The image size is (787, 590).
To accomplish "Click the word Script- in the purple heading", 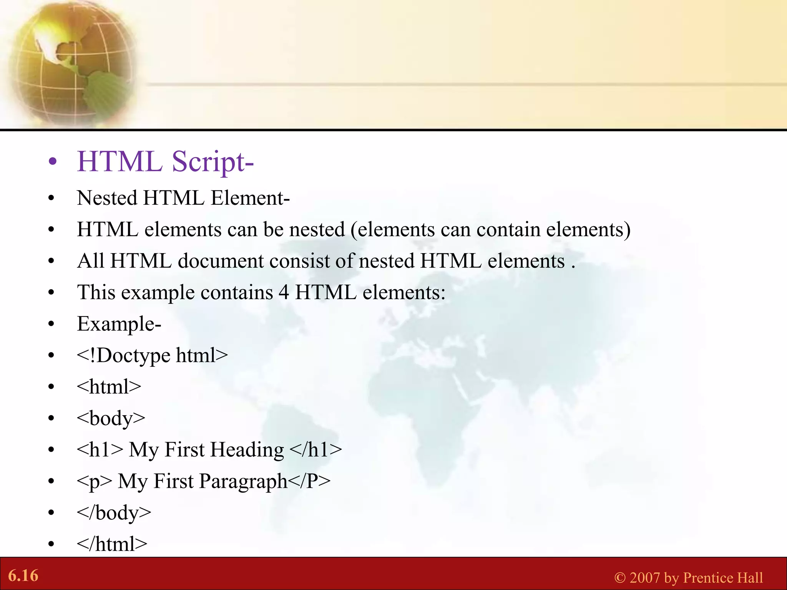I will (213, 162).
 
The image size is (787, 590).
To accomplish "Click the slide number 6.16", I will (23, 576).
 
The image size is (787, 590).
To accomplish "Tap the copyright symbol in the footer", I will (619, 578).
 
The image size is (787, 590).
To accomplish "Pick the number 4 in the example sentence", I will (284, 293).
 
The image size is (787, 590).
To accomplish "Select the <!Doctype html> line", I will (152, 355).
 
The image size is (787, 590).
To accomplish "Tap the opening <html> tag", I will (109, 387).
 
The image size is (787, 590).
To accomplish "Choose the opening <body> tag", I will (111, 418).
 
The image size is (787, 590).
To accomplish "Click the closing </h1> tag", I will (315, 450).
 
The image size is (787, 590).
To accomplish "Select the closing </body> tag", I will (114, 513).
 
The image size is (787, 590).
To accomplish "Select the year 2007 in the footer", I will (644, 578).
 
